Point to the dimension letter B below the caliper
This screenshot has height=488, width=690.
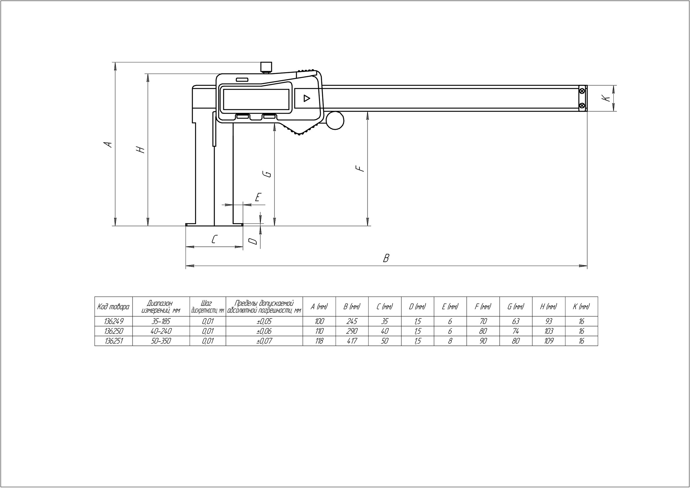coord(386,258)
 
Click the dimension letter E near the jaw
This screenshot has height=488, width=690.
coord(258,197)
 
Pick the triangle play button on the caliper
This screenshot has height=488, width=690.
coord(307,98)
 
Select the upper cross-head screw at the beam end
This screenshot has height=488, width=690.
coord(583,90)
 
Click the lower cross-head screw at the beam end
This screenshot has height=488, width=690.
coord(583,106)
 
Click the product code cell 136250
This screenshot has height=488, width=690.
coord(114,331)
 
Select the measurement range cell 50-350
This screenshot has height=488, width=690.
coord(161,341)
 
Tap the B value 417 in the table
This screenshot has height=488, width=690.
coord(352,341)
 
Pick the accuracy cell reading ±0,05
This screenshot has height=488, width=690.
coord(264,321)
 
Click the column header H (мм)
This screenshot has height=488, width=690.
coord(548,307)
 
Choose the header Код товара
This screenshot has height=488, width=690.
coord(113,307)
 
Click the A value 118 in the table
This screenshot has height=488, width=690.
coord(319,341)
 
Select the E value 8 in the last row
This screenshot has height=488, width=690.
coord(450,341)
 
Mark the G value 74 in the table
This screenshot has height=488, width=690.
coord(516,331)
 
